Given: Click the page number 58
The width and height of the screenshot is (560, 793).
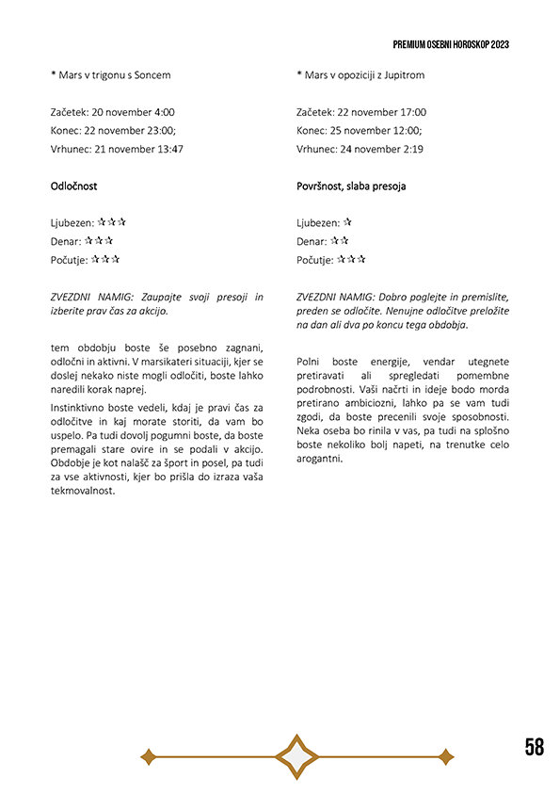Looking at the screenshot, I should pyautogui.click(x=534, y=747).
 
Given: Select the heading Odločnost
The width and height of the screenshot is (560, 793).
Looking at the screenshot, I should pyautogui.click(x=73, y=186).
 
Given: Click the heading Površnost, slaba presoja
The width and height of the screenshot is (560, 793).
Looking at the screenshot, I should pyautogui.click(x=350, y=186).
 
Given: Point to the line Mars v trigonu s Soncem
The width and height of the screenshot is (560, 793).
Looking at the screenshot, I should pyautogui.click(x=114, y=74).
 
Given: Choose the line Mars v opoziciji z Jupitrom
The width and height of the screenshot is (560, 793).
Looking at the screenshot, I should pyautogui.click(x=363, y=74).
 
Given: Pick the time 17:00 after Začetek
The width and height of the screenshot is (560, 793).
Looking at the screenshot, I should pyautogui.click(x=410, y=112).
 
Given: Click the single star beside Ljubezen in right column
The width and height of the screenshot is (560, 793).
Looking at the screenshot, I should pyautogui.click(x=348, y=222).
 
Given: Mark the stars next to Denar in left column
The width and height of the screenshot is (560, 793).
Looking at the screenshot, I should pyautogui.click(x=103, y=241).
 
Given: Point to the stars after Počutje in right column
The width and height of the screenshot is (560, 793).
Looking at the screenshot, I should pyautogui.click(x=351, y=260).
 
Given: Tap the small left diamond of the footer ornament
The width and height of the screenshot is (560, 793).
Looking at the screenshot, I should pyautogui.click(x=148, y=756).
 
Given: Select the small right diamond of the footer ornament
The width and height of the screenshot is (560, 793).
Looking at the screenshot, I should pyautogui.click(x=446, y=756).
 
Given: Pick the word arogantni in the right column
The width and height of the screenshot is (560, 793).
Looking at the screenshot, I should pyautogui.click(x=319, y=459).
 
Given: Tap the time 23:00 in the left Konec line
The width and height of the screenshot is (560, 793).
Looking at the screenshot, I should pyautogui.click(x=160, y=130).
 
